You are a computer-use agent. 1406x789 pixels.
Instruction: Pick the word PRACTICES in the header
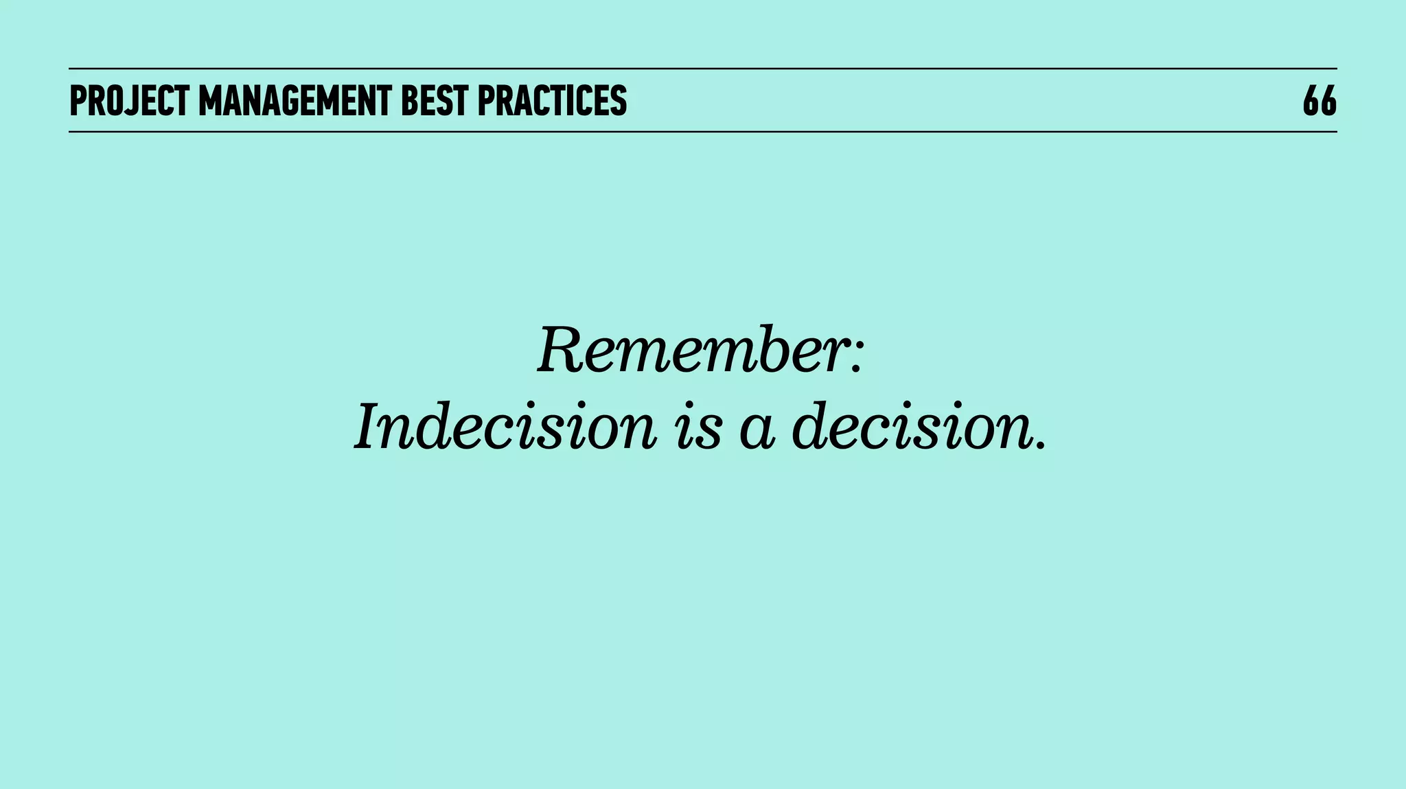point(552,101)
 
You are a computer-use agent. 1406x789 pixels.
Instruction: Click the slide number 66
point(1319,101)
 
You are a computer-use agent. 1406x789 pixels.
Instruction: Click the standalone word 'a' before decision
point(757,432)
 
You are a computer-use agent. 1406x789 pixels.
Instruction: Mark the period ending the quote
point(1042,446)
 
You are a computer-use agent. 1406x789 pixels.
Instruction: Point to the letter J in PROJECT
point(128,102)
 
